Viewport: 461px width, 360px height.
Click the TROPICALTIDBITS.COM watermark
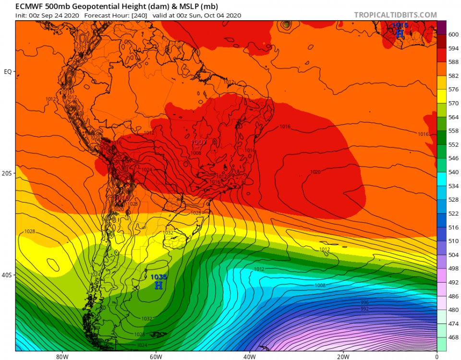click(x=396, y=15)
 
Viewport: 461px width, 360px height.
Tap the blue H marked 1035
click(x=158, y=285)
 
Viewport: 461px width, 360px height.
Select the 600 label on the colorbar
click(x=453, y=35)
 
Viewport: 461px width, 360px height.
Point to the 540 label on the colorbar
click(x=453, y=172)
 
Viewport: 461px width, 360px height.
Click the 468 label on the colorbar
click(x=453, y=337)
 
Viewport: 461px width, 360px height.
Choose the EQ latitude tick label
click(x=8, y=72)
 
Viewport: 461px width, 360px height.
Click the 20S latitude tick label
click(x=7, y=173)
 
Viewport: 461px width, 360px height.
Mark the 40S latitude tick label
click(x=7, y=275)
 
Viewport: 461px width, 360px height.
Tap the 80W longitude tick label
click(x=61, y=357)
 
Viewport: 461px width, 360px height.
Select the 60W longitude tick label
click(x=155, y=357)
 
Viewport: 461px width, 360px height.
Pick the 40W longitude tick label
click(x=249, y=357)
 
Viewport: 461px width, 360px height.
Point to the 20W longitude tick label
click(x=343, y=357)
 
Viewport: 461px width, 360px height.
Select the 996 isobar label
click(x=365, y=302)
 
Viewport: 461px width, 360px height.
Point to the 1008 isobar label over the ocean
click(x=320, y=286)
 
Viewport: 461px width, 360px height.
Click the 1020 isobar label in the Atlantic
click(x=315, y=172)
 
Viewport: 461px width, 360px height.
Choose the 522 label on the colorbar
click(x=453, y=213)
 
